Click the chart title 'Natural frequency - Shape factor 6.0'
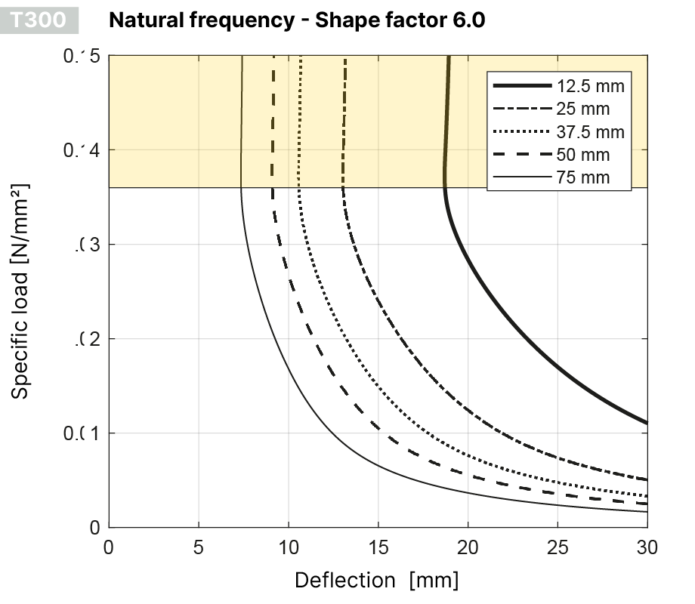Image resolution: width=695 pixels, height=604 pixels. pos(297,20)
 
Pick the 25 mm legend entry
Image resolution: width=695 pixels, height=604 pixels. pos(582,109)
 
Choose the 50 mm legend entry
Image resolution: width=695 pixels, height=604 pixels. pos(582,156)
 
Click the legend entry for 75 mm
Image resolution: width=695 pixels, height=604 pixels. pos(582,178)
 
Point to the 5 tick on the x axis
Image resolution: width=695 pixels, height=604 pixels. pos(199,546)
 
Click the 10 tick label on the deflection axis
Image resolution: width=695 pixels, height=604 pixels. pos(289,546)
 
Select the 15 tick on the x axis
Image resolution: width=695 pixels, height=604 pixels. pos(378,546)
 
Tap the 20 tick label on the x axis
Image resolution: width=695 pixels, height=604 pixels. pos(468,546)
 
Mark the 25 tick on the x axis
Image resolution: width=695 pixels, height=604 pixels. pos(558,546)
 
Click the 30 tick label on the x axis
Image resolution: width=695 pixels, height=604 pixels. pos(647,546)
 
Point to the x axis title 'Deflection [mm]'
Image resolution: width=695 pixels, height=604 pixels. pos(376,580)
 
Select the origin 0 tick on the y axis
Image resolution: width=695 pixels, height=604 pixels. pos(94,528)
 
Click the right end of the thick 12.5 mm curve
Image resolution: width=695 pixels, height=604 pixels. pos(647,423)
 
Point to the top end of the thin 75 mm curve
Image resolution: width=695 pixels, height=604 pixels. pos(242,57)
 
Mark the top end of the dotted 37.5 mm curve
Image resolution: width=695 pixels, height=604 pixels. pos(301,57)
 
